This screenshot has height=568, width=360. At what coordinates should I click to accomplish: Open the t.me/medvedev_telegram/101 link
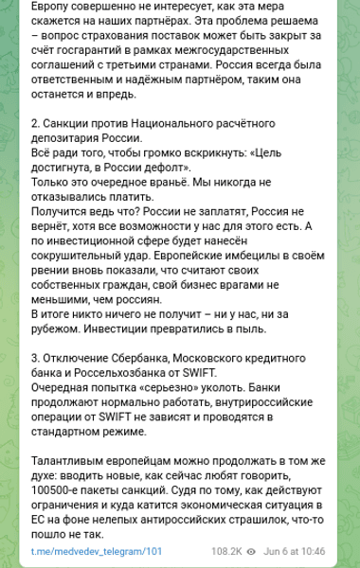click(97, 550)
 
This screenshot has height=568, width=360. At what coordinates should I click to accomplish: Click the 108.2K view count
click(226, 550)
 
